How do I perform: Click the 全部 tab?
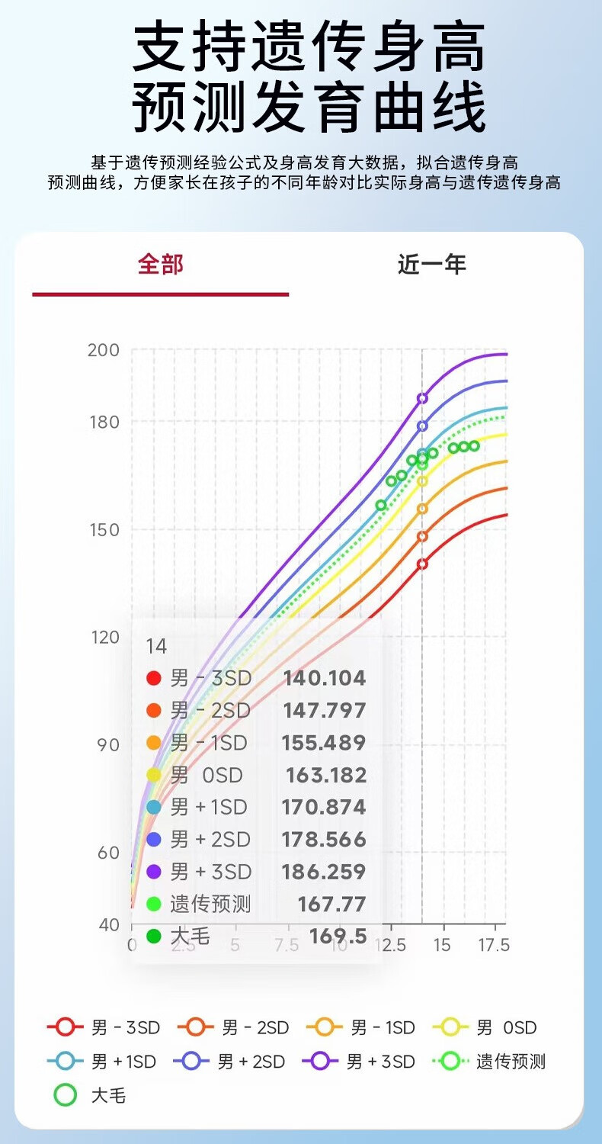pos(161,265)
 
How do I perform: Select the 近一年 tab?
pos(431,265)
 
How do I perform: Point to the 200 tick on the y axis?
pos(104,350)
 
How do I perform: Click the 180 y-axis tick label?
pos(104,422)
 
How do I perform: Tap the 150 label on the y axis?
pos(104,530)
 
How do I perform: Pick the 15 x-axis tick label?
pos(442,946)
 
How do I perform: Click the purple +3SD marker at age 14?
pos(422,398)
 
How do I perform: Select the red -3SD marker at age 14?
pos(422,564)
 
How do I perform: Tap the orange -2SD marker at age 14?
pos(422,536)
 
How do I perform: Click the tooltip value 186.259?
pos(324,872)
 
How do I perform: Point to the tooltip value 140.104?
pos(325,678)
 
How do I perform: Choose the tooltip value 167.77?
pos(331,905)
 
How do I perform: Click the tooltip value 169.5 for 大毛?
pos(338,937)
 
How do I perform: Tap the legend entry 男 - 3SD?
pos(104,1028)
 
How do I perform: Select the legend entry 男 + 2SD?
pos(229,1062)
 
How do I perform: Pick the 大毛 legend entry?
pos(90,1096)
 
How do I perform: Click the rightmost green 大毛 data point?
pos(474,445)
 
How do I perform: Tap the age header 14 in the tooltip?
pos(156,647)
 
